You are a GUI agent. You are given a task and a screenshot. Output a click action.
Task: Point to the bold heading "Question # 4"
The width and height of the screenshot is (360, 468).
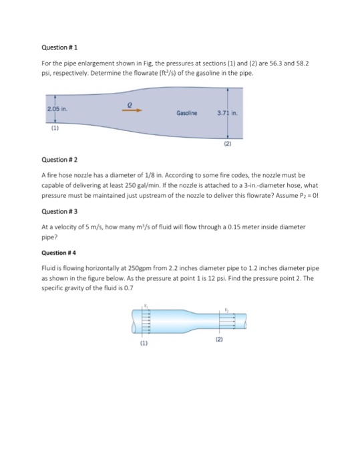(59, 253)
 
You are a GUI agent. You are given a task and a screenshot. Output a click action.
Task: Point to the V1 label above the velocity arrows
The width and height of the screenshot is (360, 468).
(148, 306)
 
